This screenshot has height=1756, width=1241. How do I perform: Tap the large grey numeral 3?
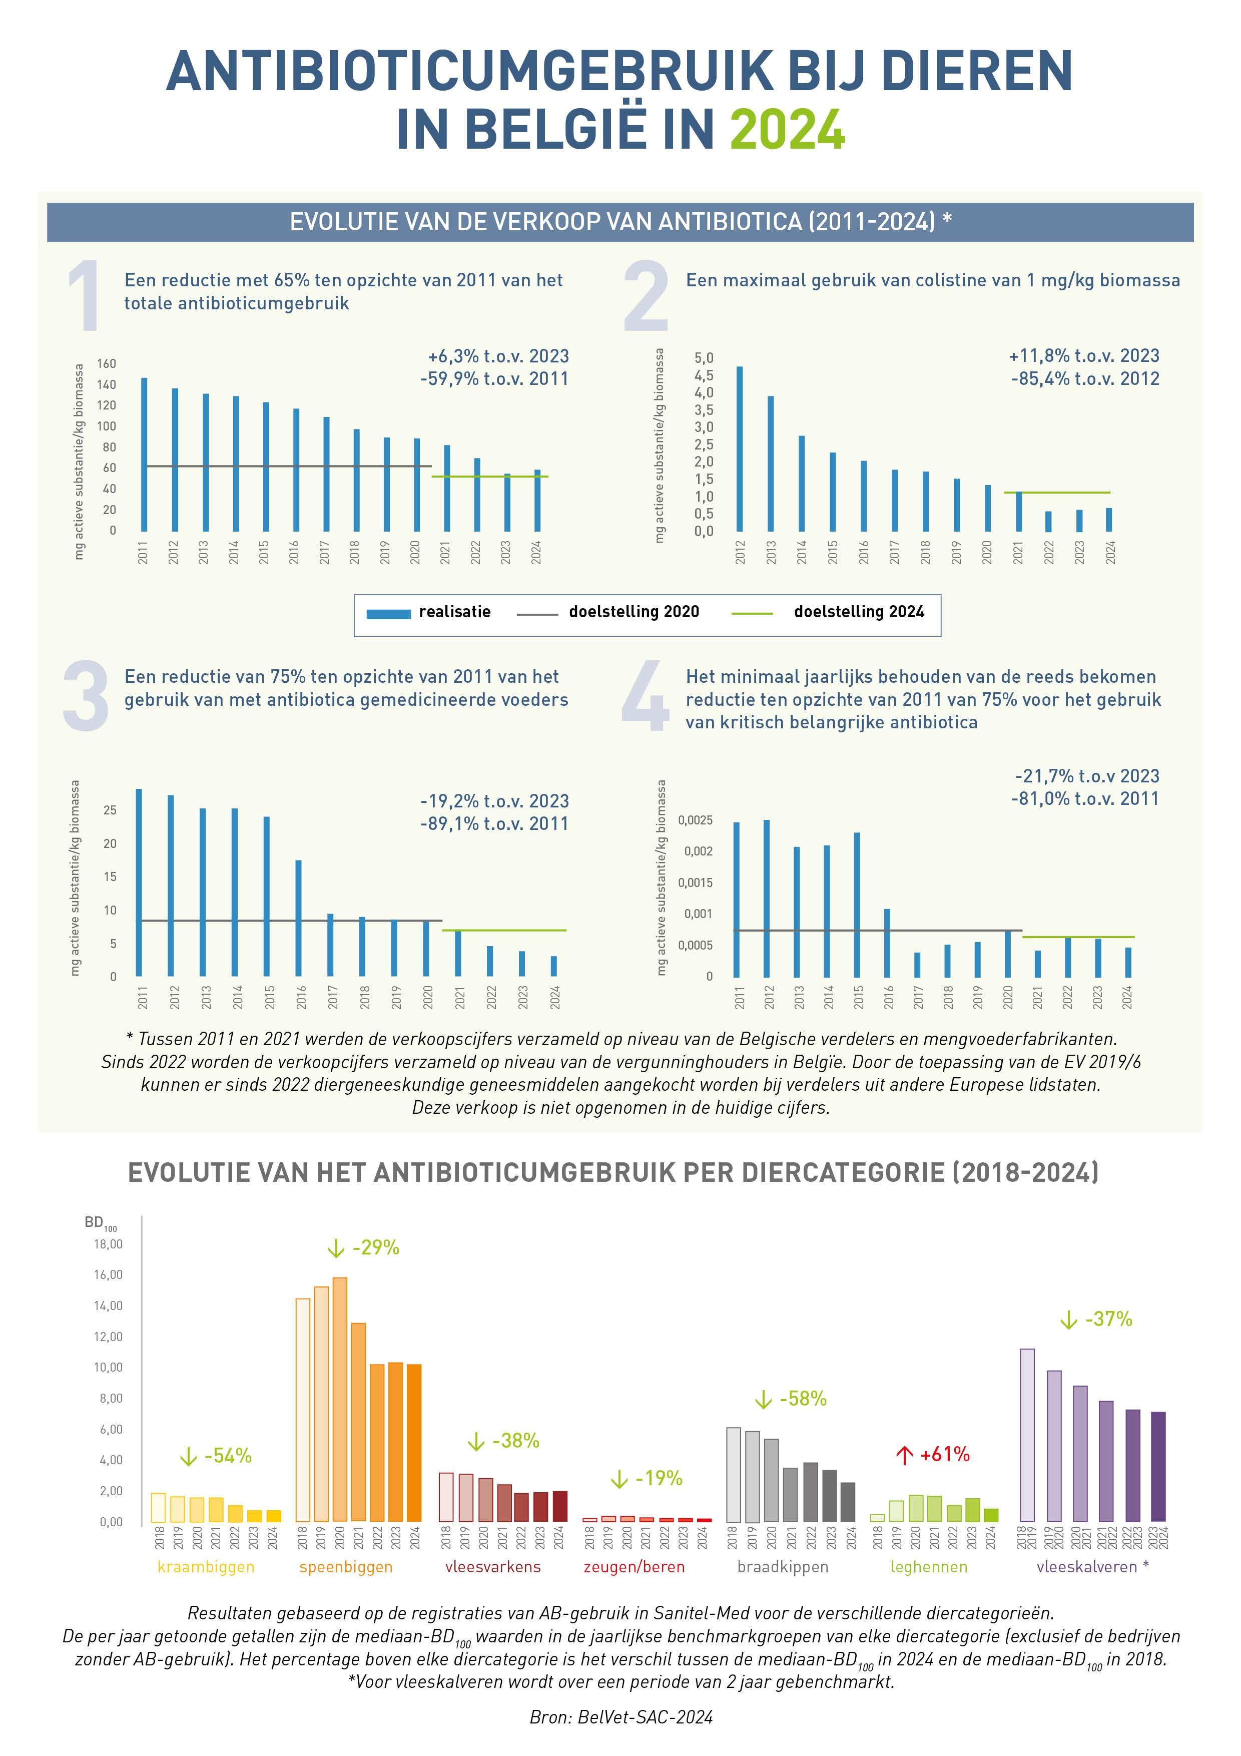[x=86, y=696]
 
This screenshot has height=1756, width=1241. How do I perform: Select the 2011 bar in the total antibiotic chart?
[x=144, y=455]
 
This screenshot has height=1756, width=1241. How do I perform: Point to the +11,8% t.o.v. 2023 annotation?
[x=1083, y=355]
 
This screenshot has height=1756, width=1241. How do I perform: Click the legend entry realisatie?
[x=454, y=612]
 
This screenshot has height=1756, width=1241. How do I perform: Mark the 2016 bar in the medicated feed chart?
[x=299, y=918]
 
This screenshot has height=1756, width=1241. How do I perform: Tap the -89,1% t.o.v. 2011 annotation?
[x=494, y=824]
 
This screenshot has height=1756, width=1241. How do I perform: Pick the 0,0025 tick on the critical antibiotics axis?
[x=695, y=820]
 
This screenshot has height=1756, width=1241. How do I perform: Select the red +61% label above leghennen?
[x=944, y=1454]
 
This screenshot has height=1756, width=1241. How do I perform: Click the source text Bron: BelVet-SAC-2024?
[x=621, y=1717]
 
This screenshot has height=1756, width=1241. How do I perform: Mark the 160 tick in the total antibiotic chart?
[x=106, y=363]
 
